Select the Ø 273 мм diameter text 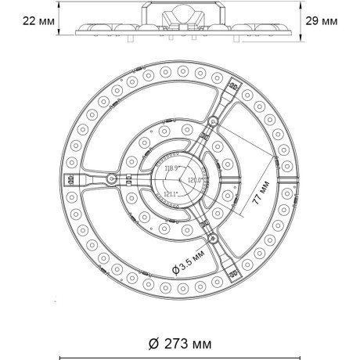pos(178,343)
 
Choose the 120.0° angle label pos(193,179)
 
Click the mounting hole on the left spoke pos(113,179)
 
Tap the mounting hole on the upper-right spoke pos(212,121)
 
